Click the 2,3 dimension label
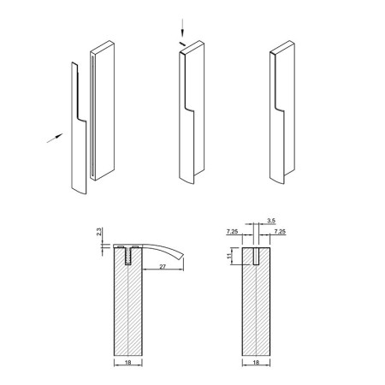pyautogui.click(x=99, y=231)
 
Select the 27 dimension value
pyautogui.click(x=163, y=267)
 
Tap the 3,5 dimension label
pyautogui.click(x=271, y=221)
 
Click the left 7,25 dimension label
pyautogui.click(x=232, y=232)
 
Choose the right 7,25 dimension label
pyautogui.click(x=280, y=232)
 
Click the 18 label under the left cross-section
pyautogui.click(x=128, y=363)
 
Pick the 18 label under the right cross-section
pyautogui.click(x=256, y=363)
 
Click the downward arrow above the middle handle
pyautogui.click(x=182, y=27)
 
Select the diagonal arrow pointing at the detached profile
pyautogui.click(x=55, y=138)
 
